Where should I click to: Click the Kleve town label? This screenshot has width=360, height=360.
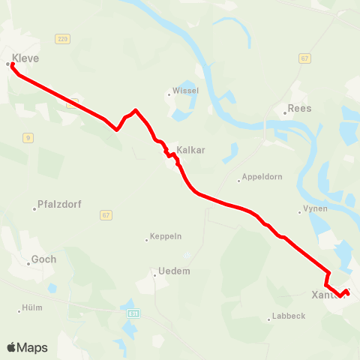coord(25,58)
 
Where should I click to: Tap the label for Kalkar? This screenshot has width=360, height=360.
coord(191,150)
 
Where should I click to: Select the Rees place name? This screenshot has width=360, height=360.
coord(300,108)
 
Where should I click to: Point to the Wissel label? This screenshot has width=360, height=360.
coord(185,91)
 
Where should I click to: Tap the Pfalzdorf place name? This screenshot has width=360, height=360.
coord(59,204)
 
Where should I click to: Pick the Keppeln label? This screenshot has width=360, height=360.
coord(166,236)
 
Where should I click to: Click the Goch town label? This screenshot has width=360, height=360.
coord(43,260)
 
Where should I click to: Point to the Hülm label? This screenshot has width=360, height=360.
coord(32,307)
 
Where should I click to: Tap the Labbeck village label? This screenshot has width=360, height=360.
coord(289,316)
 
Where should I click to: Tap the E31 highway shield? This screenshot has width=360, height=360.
coord(133,313)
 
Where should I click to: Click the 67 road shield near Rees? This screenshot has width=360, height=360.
coord(304,58)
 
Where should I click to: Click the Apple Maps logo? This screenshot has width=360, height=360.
coord(27,347)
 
